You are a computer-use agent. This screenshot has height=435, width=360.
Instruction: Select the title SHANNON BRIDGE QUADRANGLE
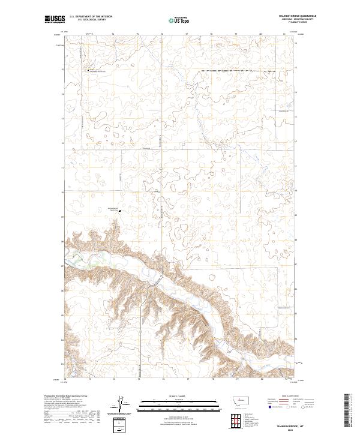[297, 16]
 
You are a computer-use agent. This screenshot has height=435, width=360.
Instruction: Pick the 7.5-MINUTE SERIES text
[297, 23]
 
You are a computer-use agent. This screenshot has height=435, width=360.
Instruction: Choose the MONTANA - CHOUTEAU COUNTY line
[297, 20]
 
